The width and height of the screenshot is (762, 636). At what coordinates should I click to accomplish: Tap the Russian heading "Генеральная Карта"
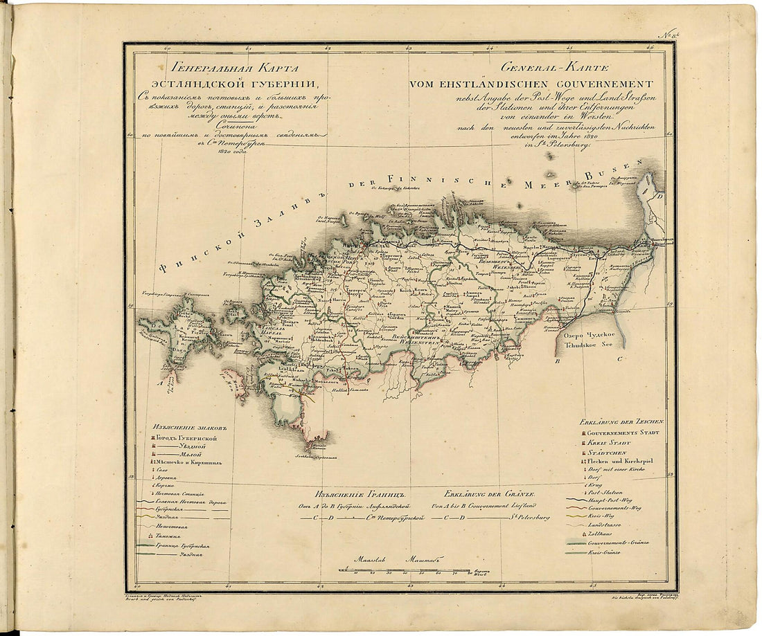[225, 69]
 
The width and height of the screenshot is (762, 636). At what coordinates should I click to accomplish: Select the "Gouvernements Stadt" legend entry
[621, 433]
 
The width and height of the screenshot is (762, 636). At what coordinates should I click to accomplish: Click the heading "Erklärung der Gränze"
[490, 495]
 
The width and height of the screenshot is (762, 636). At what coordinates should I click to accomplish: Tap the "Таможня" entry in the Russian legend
[168, 536]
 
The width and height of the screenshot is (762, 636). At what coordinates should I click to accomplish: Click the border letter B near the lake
[556, 361]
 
